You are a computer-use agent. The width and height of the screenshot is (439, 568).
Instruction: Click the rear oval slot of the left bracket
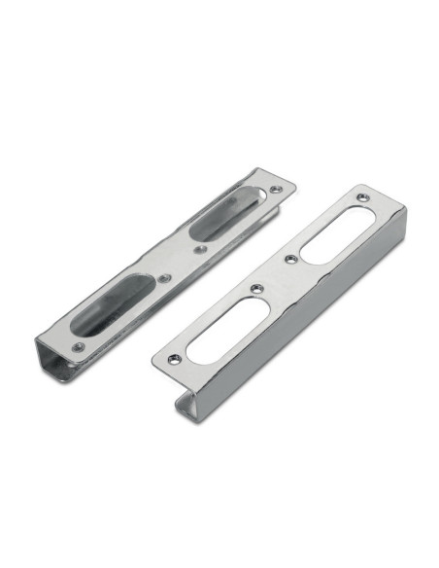pos(225,222)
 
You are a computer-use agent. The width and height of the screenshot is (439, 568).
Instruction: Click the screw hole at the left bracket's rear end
pos(277,188)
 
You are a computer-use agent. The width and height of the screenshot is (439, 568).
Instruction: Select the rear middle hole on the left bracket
pos(200,249)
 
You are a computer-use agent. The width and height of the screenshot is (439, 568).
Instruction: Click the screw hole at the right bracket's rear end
pos(362,197)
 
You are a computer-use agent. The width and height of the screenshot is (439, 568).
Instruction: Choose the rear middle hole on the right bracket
pos(288,260)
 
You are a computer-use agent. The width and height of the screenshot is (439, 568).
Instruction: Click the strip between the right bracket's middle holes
pos(273,274)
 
